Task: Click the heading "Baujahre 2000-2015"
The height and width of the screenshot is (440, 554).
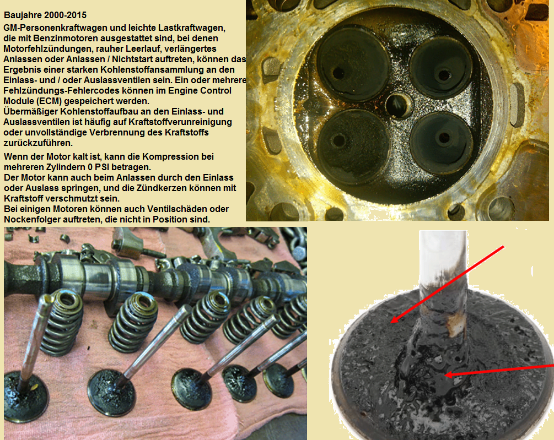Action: pos(45,15)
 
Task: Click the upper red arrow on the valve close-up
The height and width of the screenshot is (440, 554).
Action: pos(447,284)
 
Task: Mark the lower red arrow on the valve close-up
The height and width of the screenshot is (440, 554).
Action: pos(498,370)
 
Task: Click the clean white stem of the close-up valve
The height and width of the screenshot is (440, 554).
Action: pos(443,254)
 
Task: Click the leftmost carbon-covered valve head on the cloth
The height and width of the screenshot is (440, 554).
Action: pos(26,396)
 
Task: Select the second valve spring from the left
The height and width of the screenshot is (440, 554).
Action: pos(133,323)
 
